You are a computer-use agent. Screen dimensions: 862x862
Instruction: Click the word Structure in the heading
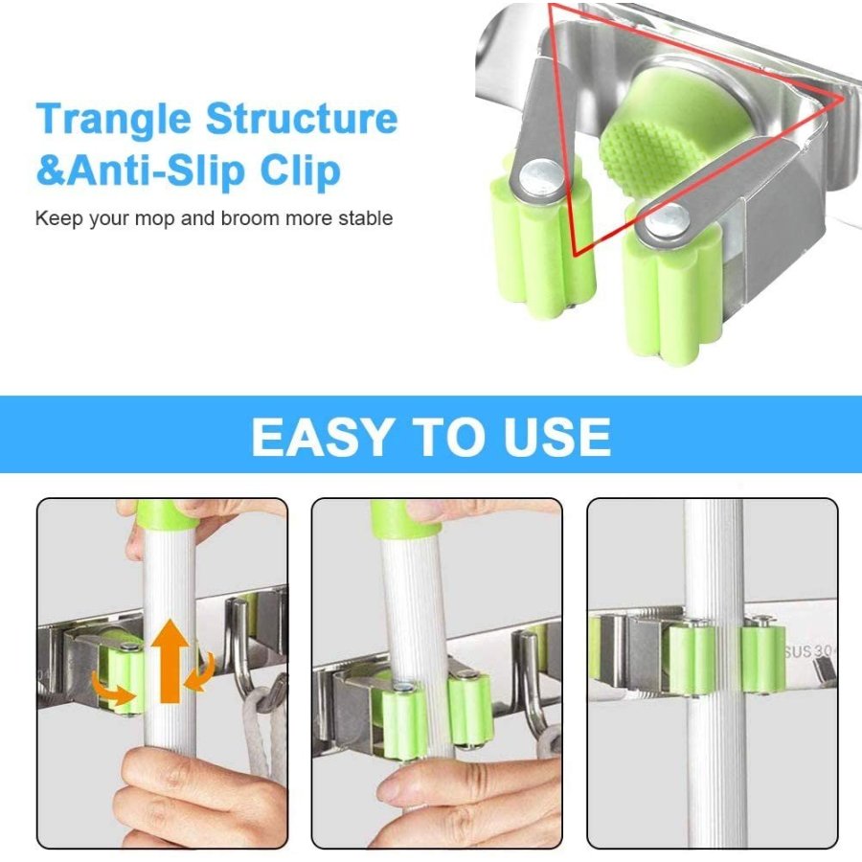click(x=302, y=117)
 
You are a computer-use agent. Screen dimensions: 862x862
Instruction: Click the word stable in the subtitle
click(x=366, y=218)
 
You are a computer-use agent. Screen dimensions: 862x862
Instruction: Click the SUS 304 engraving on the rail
click(x=809, y=651)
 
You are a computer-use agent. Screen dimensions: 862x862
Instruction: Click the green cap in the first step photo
click(x=163, y=513)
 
